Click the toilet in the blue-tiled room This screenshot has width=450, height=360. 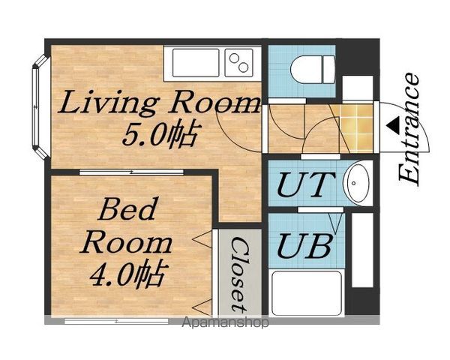coord(313,70)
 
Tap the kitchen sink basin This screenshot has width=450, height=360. coord(196,63)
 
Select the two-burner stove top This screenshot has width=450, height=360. coord(238,63)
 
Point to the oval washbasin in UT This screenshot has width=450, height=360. coord(358,183)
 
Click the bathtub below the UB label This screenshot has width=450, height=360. coord(307,292)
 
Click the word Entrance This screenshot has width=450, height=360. coord(409,128)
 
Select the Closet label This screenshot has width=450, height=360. coord(239,274)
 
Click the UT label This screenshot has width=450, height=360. coord(306,184)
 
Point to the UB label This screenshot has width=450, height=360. coord(305,246)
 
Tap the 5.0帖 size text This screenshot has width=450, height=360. coord(160,134)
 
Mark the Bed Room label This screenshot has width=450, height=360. coord(126,225)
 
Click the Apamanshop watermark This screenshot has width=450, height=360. coord(226,322)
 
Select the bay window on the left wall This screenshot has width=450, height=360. coord(40,106)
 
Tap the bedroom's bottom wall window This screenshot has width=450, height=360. coord(116,321)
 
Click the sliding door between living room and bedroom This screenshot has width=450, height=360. coord(131,172)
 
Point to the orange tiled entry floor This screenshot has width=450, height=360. coord(357,128)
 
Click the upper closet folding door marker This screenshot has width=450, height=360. coord(202,238)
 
